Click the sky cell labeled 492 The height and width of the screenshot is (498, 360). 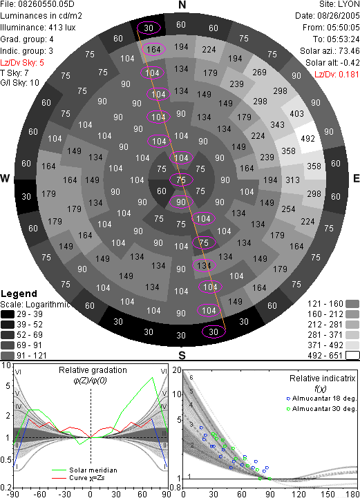pos(307,138)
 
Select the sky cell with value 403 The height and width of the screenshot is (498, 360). pos(296,113)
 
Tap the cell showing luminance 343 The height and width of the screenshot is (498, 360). pos(277,125)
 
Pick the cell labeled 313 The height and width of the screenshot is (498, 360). pos(293,180)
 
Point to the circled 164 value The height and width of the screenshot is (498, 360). pos(154,49)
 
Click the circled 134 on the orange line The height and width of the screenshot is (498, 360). pos(204,265)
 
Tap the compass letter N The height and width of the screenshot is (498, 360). pos(182,5)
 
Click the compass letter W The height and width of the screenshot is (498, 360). pos(5,178)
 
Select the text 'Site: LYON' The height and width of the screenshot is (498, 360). pos(339,4)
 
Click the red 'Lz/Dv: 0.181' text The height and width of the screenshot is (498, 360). pos(337,75)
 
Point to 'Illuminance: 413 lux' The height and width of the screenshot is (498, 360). pos(38,28)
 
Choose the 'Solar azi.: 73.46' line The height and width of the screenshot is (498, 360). pos(330,51)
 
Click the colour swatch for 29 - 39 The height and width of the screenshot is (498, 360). pos(8,314)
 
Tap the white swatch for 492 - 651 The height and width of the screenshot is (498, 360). pos(352,356)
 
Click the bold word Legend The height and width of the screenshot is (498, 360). pos(19,294)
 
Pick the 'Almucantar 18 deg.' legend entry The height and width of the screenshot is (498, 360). pos(324,399)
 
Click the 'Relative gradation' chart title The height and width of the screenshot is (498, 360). pos(93,370)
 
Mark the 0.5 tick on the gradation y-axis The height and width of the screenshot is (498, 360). pos(7,460)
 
